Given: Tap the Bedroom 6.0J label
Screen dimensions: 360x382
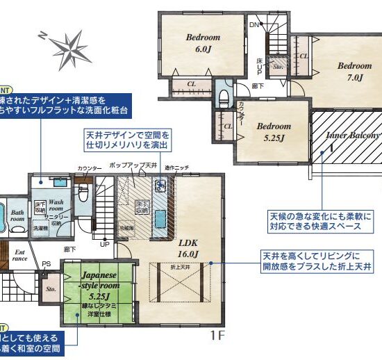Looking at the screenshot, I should (202, 42).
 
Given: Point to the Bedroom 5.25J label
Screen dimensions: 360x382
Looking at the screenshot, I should (273, 131).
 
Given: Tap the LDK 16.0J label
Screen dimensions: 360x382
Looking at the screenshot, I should (188, 249).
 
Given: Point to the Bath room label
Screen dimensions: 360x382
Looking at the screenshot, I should (17, 215).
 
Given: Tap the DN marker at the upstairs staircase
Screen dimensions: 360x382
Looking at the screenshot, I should (254, 24).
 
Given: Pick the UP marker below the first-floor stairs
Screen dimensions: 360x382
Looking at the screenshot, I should (105, 245).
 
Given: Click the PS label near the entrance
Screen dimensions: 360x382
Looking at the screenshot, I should (46, 264).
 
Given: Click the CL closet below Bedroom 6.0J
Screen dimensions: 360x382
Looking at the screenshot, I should (192, 85).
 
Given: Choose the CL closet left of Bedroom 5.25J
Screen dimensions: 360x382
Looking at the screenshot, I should (228, 126).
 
